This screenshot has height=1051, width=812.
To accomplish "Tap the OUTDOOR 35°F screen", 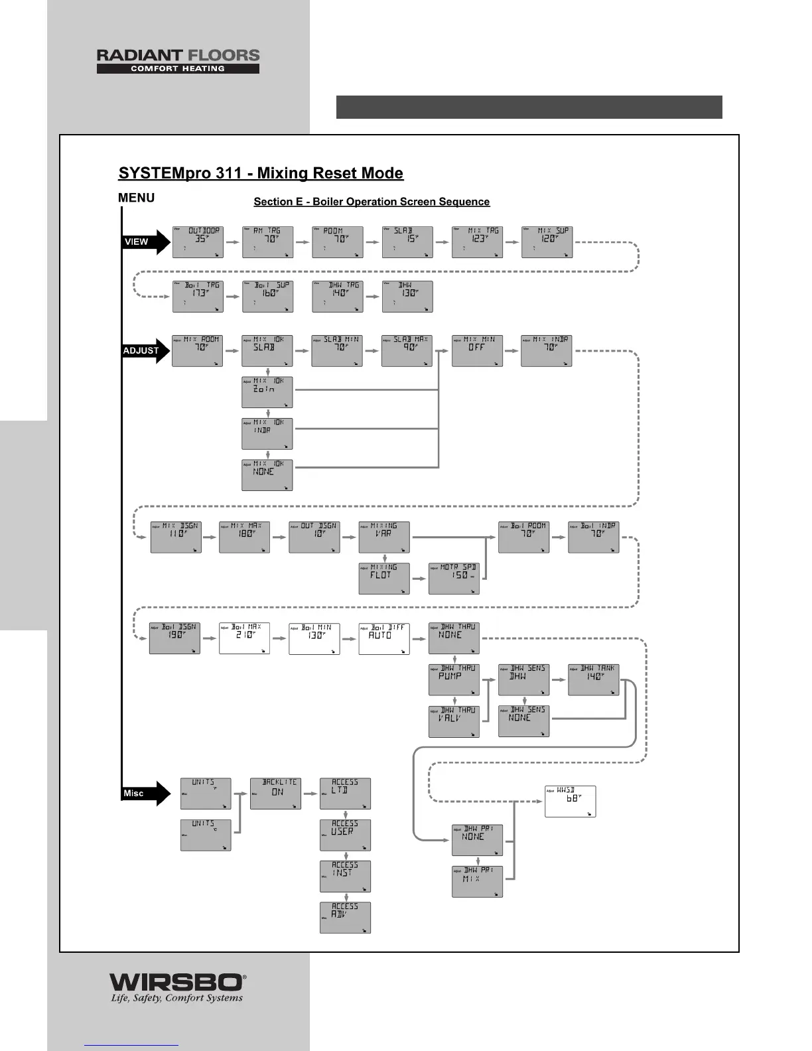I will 198,242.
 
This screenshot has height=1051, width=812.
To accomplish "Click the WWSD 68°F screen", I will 570,801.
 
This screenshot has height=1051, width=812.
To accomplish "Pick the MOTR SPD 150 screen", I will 454,579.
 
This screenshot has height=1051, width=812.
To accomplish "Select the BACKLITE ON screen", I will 275,793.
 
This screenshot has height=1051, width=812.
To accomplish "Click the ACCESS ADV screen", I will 345,918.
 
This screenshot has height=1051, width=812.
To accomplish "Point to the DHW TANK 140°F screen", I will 593,679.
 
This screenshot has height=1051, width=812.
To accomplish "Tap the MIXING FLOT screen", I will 384,579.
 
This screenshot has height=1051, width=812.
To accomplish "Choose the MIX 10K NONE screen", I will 267,475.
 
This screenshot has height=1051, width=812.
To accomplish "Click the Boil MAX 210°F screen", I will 244,638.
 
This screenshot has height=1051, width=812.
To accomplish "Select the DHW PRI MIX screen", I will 477,882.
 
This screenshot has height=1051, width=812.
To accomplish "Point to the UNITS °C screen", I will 206,835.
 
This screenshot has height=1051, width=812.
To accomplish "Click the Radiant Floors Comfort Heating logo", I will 178,61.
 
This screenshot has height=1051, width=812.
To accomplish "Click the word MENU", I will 136,198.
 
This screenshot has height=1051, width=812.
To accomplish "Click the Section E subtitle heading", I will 372,202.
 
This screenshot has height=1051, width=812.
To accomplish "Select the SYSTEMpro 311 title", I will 261,173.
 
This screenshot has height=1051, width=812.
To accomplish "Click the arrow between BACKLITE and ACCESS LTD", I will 310,793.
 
